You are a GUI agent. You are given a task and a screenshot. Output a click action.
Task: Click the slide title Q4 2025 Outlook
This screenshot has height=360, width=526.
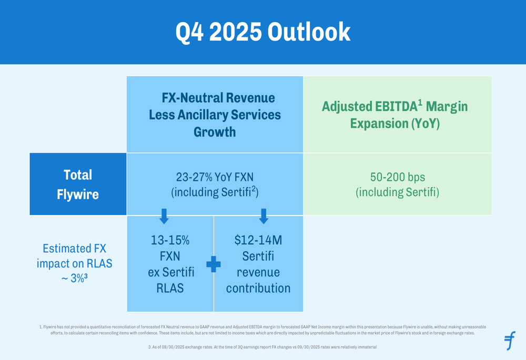(262, 32)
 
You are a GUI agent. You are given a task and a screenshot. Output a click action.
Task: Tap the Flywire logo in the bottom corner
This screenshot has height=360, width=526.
(510, 341)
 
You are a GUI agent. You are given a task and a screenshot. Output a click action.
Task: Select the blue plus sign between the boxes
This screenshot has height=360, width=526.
(214, 264)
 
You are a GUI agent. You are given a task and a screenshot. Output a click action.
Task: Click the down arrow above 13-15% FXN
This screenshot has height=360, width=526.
(164, 215)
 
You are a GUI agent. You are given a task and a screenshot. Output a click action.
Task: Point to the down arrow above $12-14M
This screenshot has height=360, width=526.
(264, 215)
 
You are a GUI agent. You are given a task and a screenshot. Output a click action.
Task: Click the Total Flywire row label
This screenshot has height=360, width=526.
(78, 184)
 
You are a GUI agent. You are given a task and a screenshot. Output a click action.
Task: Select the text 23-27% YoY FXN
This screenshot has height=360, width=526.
(214, 177)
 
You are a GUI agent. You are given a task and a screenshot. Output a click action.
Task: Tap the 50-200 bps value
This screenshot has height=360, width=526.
(398, 177)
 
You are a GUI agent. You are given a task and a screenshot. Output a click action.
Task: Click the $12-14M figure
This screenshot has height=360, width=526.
(258, 241)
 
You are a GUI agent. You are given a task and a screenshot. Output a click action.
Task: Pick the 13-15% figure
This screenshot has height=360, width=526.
(170, 241)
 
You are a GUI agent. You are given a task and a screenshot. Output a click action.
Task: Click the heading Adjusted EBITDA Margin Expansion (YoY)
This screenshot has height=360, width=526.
(394, 116)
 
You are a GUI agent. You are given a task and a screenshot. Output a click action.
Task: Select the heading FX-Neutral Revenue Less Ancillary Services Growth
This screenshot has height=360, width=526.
(215, 115)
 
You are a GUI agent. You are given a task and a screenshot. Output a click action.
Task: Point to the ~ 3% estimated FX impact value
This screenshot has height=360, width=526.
(74, 278)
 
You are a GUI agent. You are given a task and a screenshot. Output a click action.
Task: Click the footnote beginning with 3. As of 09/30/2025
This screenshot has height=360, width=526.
(262, 347)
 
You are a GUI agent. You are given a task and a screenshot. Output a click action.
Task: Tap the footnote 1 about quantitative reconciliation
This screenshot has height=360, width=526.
(262, 330)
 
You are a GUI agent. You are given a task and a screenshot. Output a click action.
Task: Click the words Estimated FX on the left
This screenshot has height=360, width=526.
(74, 248)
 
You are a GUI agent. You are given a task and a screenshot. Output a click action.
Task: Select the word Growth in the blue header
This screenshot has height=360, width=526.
(215, 132)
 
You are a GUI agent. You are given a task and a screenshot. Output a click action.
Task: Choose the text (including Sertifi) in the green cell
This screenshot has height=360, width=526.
(398, 193)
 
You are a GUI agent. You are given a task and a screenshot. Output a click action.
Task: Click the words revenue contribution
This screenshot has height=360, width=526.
(258, 280)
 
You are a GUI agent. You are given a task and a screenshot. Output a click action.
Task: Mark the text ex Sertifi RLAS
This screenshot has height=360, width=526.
(170, 280)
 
